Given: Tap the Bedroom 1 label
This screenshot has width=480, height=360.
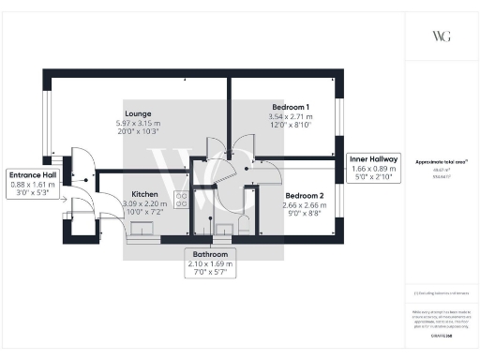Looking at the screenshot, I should (291, 107).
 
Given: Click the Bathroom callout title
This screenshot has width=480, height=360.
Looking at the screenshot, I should (211, 254).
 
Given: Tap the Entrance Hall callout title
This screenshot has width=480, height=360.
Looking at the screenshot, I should (33, 175).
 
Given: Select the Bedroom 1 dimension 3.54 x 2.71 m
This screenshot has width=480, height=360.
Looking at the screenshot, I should (291, 117).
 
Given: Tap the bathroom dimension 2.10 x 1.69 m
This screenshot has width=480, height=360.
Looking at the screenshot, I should (211, 264).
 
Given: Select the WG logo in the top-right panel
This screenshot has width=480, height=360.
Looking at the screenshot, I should (441, 35).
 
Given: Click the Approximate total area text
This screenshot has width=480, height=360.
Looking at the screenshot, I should (441, 162).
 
